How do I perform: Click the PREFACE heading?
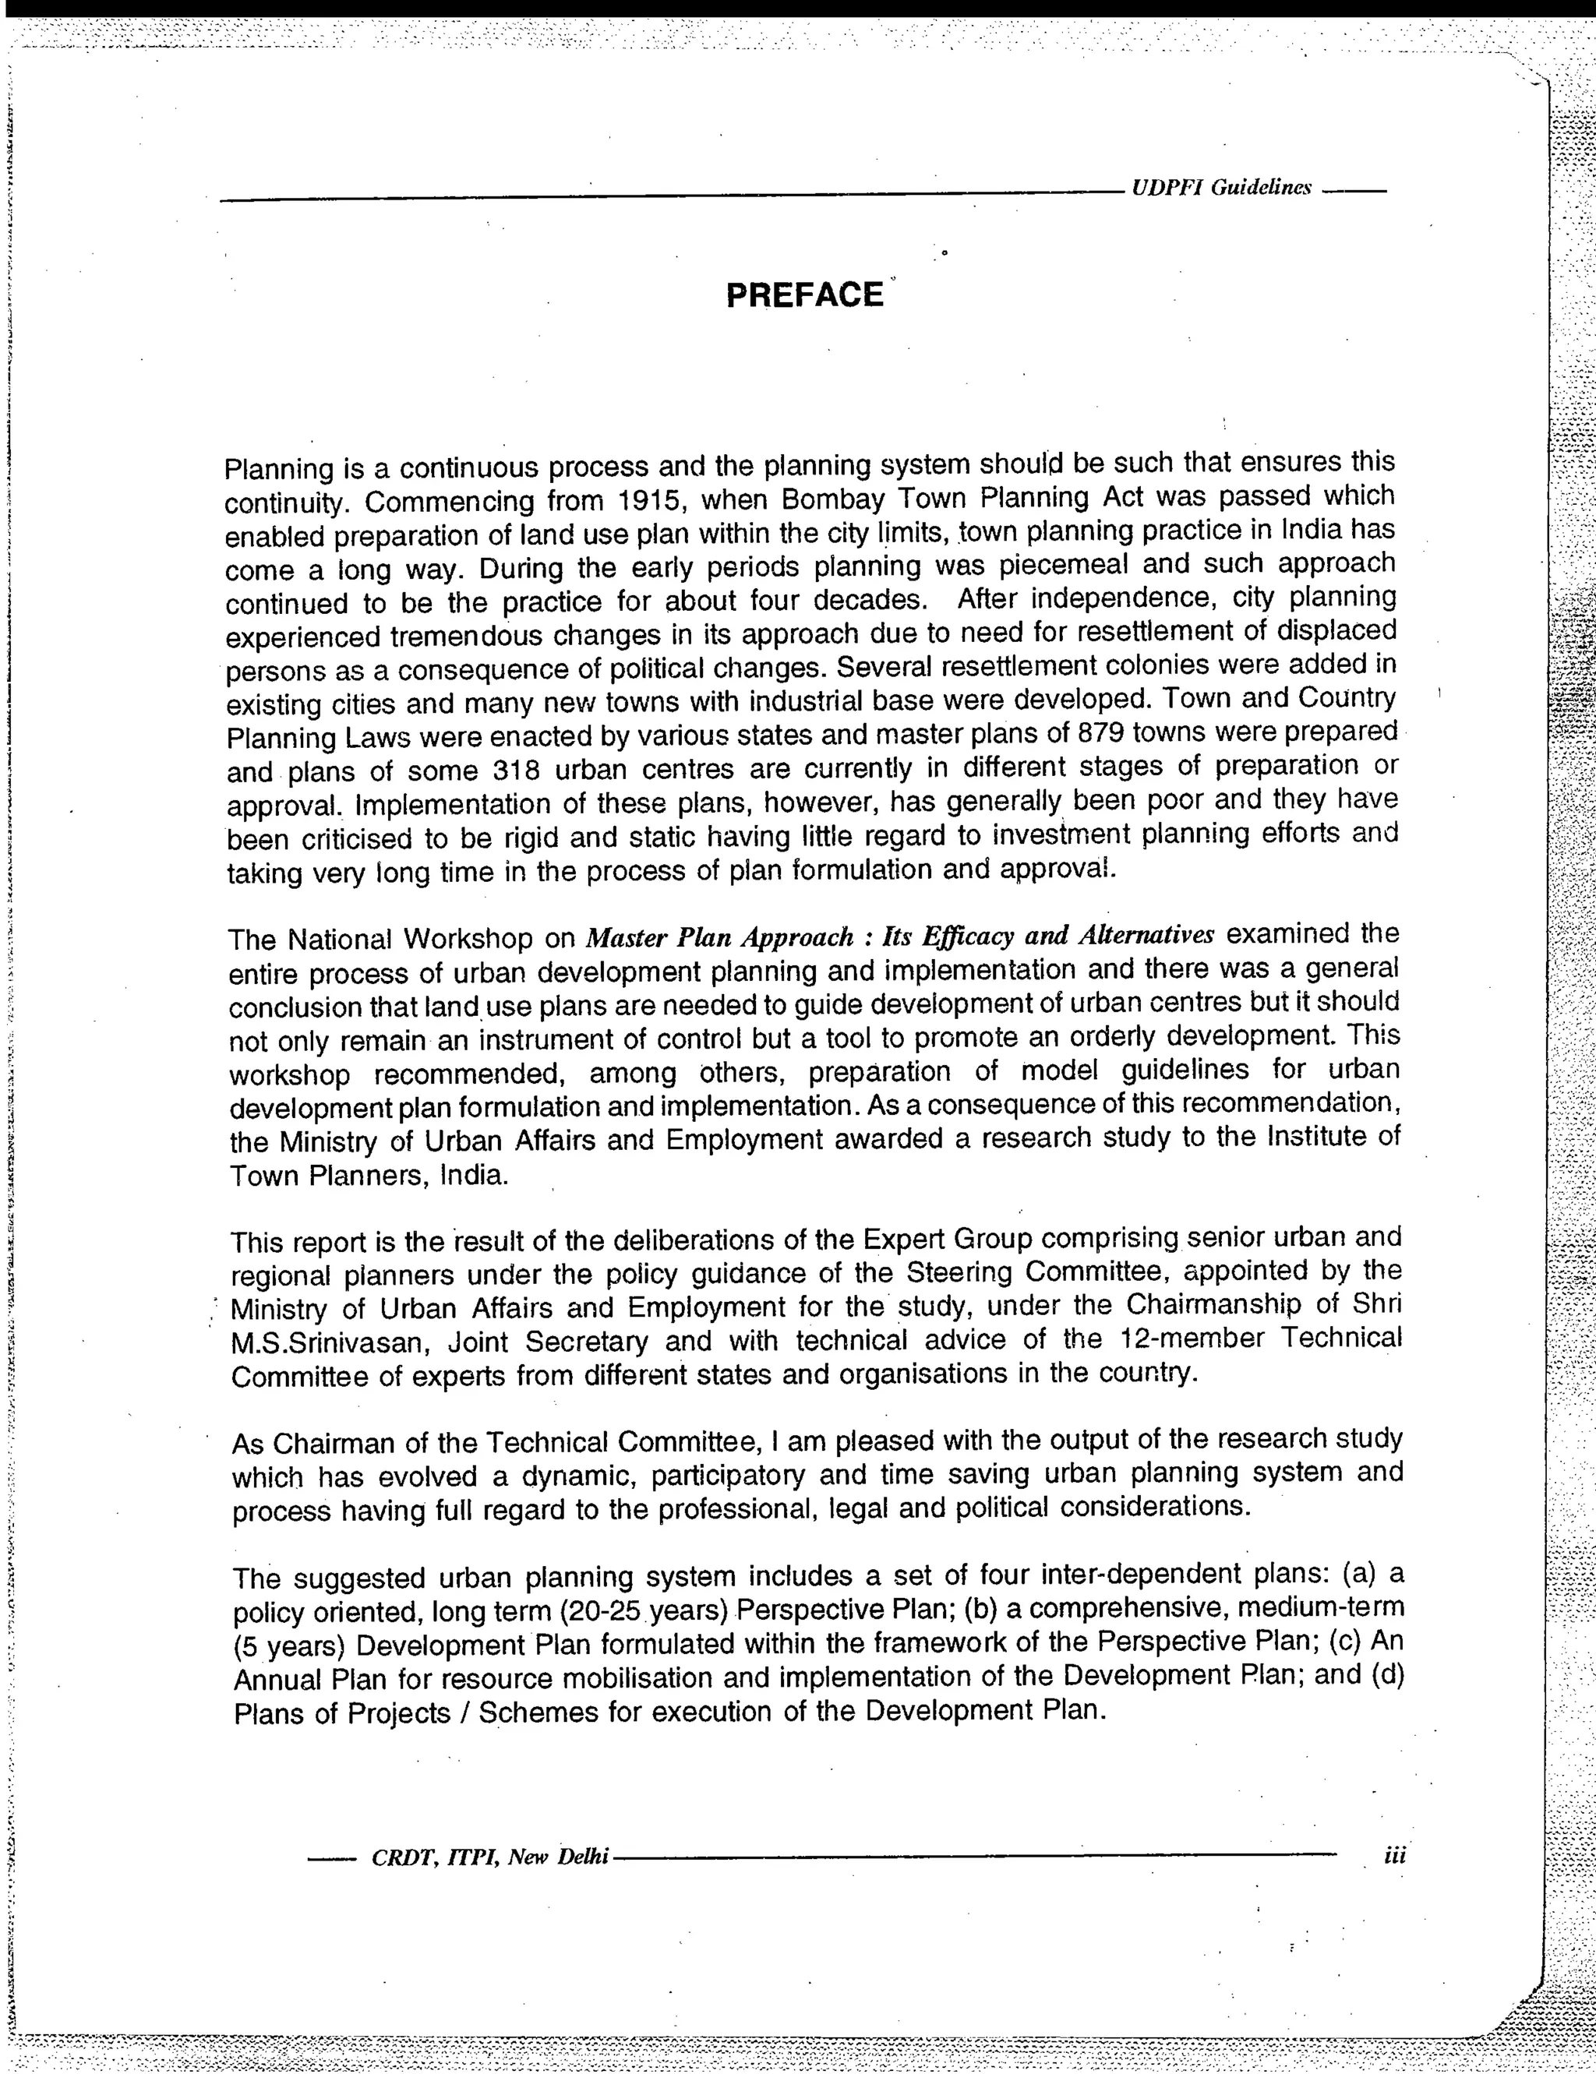pos(805,295)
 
